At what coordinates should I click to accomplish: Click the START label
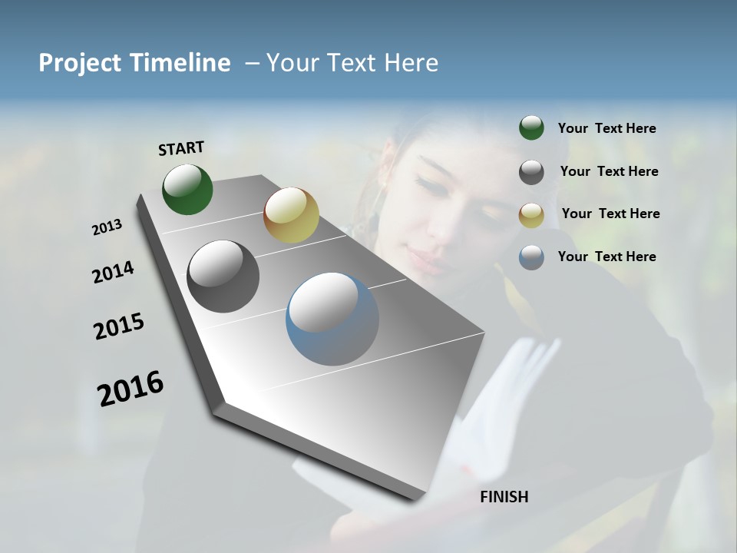point(181,148)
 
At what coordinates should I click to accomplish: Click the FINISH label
point(504,497)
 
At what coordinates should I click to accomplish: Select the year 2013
point(107,227)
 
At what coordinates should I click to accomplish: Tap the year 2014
point(113,273)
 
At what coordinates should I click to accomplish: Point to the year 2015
point(119,326)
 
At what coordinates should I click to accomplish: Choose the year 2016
point(131,388)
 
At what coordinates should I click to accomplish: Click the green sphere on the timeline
point(187,189)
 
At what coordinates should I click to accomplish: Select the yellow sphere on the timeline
point(291,215)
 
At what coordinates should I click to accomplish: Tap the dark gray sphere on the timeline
point(223,276)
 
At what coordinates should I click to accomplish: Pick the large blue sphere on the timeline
point(332,319)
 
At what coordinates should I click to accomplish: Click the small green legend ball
point(531,128)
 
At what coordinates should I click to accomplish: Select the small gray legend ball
point(531,172)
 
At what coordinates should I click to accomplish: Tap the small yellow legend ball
point(531,214)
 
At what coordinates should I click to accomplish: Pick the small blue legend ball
point(531,257)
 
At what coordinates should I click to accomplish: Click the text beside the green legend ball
point(606,129)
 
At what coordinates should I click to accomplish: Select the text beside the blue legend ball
point(606,257)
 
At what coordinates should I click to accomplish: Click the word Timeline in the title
point(181,63)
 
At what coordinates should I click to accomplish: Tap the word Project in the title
point(80,63)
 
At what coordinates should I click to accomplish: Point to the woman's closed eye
point(427,184)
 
